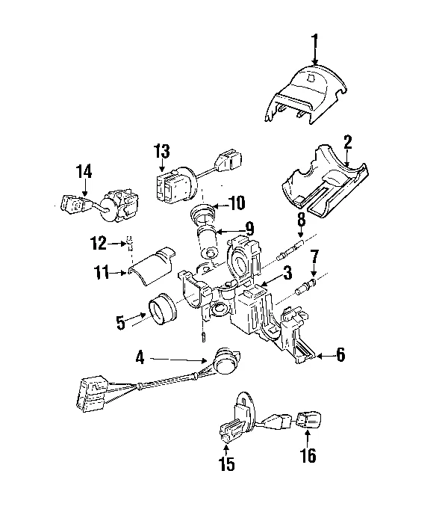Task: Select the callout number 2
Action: tap(348, 141)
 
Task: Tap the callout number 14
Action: tap(84, 172)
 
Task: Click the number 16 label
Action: tap(308, 456)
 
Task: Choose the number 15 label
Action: tap(226, 464)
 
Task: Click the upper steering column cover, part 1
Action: tap(308, 93)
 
